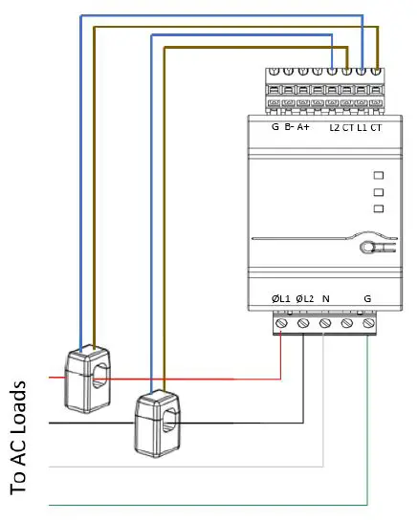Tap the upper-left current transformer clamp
[x=88, y=380]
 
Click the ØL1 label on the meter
[x=280, y=299]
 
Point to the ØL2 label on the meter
[x=305, y=299]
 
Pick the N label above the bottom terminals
[x=326, y=299]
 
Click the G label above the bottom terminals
[x=368, y=299]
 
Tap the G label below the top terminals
[x=275, y=127]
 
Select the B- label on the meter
[x=290, y=127]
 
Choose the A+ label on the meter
[x=304, y=127]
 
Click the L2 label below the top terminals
[x=334, y=127]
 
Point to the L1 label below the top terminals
[x=363, y=127]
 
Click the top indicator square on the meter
[x=379, y=175]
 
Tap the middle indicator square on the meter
[x=379, y=191]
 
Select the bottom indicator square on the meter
[x=379, y=207]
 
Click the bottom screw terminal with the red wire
[x=281, y=324]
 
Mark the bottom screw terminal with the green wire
[x=369, y=324]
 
